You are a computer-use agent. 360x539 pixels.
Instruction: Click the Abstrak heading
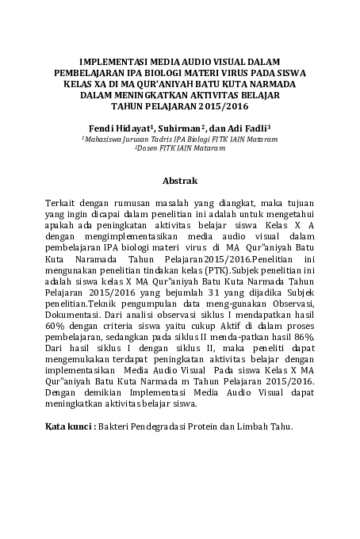179,181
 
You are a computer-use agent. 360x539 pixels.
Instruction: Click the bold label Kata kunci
70,427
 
